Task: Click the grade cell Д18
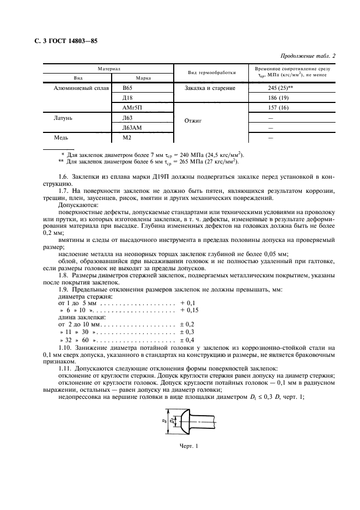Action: click(128, 98)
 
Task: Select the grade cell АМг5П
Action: click(132, 108)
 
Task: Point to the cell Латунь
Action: click(63, 118)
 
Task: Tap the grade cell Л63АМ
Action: click(132, 127)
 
